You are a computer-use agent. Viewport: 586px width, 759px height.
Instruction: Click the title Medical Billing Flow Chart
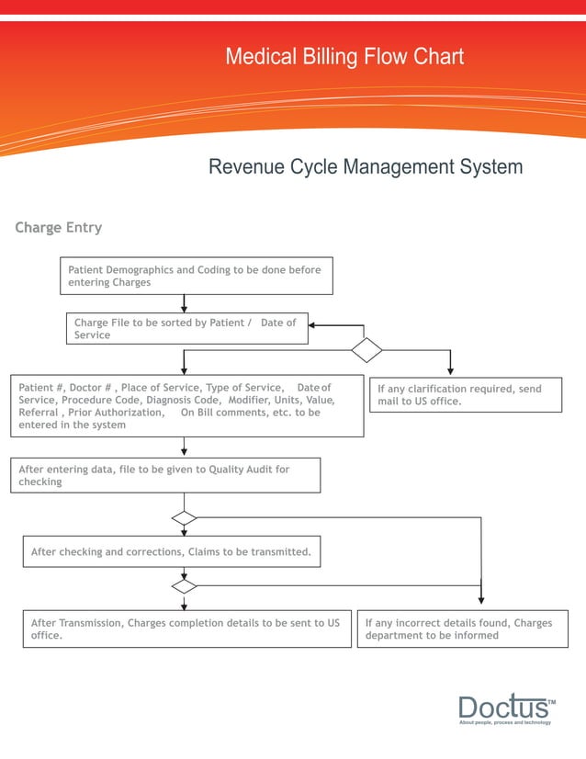pos(344,57)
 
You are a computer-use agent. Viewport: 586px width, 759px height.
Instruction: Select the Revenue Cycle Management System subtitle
pos(366,167)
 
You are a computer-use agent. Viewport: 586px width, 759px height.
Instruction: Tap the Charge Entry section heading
pos(58,228)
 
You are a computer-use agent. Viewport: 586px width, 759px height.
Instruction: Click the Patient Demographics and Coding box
pos(197,276)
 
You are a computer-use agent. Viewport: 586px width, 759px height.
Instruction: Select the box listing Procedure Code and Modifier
pos(186,406)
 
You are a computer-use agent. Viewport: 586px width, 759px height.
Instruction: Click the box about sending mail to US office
pos(465,395)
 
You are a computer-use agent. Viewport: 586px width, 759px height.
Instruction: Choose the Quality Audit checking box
pos(165,475)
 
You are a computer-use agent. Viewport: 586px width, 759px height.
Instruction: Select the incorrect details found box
pos(462,629)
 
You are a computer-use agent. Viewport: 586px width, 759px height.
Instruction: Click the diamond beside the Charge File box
pos(366,350)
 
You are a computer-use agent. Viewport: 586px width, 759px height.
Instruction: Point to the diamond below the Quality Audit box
pos(185,518)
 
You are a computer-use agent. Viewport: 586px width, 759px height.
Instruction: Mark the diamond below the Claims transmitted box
pos(185,586)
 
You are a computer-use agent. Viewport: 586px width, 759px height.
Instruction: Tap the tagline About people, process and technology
pos(505,723)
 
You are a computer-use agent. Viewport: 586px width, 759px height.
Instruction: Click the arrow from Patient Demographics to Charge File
pos(185,303)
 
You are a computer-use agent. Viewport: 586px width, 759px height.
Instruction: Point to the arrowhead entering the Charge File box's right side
pos(313,325)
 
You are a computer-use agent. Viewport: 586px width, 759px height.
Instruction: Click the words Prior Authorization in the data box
pos(118,413)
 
